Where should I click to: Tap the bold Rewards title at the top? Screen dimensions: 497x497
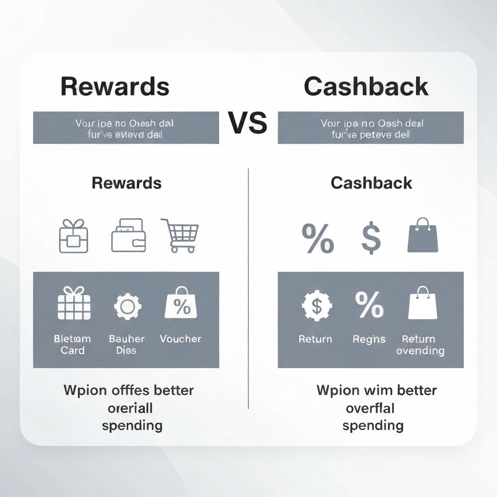coord(115,86)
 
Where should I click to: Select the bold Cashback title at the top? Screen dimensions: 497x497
coord(366,86)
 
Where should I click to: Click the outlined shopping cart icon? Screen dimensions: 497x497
coord(180,235)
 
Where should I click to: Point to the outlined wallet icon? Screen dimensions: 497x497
coord(128,235)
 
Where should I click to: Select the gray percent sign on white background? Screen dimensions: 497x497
coord(318,237)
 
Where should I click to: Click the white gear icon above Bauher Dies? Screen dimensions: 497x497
coord(128,306)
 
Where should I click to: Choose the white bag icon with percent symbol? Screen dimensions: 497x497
coord(181,303)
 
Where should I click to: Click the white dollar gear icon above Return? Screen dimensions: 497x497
coord(316,306)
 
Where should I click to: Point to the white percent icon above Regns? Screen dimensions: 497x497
coord(369,305)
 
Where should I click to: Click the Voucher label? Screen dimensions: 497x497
coord(180,339)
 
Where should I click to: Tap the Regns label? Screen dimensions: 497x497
coord(369,339)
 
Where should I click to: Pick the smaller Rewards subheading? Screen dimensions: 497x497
coord(126,183)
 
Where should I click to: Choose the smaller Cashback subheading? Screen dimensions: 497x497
coord(371,183)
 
